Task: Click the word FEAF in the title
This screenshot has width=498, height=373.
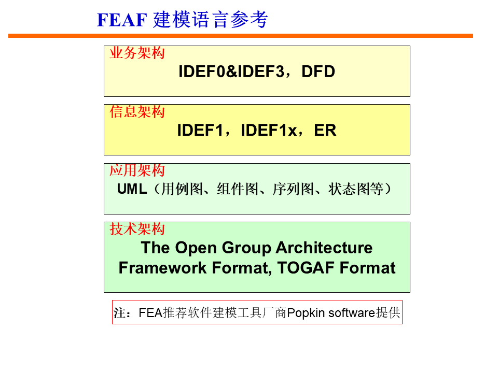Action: pos(122,20)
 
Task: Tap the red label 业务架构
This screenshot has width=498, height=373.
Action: pos(137,53)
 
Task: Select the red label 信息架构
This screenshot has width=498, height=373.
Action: pos(137,111)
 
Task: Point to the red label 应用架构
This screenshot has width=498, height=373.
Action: pos(137,170)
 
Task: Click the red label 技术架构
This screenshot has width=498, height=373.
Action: pos(137,229)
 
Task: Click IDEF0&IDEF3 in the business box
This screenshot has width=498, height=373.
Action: pos(231,71)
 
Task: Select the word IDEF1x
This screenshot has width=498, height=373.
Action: pos(269,131)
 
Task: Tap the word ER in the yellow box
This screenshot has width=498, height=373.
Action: pos(325,131)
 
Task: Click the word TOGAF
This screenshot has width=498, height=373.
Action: pos(306,268)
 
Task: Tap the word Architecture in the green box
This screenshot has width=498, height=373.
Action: pos(324,247)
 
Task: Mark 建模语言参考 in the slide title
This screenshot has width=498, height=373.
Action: pos(211,20)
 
